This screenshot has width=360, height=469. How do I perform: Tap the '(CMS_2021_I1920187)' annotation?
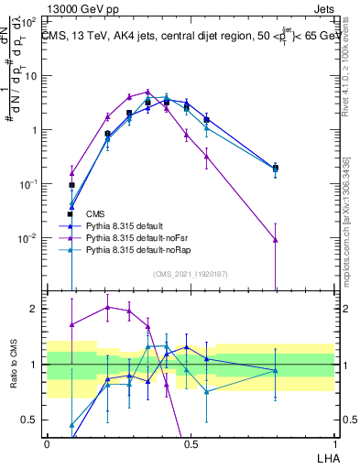191,273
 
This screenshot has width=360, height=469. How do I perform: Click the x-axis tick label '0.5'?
191,442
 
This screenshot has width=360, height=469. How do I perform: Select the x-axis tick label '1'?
333,442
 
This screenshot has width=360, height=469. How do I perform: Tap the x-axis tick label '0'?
47,442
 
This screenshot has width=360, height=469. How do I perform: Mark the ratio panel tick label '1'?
35,365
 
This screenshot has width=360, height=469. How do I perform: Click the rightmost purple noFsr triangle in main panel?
276,240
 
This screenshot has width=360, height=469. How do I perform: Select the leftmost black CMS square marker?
71,185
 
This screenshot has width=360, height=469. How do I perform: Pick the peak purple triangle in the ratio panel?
107,307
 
